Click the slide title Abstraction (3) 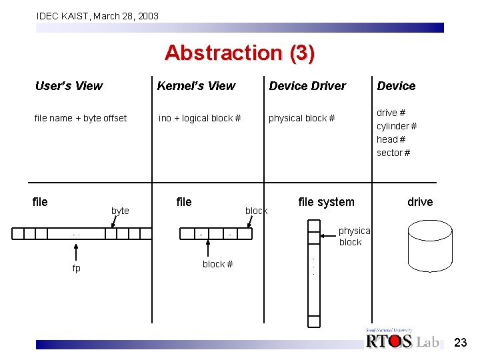239,53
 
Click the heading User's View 69,86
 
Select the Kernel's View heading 196,86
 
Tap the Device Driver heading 307,86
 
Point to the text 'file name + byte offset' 80,118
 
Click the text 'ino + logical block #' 199,118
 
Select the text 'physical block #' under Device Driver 301,118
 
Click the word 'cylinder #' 397,126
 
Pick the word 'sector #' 393,153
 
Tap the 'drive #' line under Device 391,113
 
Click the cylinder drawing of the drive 420,253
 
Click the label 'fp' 77,268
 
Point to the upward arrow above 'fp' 77,251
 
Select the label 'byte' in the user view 120,211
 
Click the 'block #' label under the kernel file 217,264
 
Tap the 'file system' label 326,202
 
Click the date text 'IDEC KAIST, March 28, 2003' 97,15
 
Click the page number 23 460,343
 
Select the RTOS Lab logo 402,340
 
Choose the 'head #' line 391,139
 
